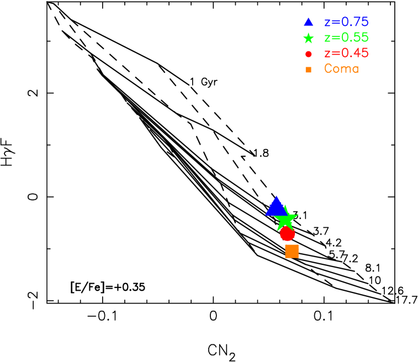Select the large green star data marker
click(285, 220)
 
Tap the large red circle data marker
click(287, 234)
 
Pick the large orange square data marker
click(292, 251)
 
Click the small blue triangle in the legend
click(308, 23)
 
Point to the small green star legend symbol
click(308, 39)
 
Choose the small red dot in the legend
click(308, 54)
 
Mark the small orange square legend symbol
click(308, 70)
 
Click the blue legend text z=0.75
click(346, 23)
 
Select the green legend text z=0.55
click(346, 38)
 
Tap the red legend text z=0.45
click(346, 54)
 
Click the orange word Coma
click(341, 69)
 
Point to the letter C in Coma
click(328, 69)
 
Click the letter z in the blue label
click(327, 23)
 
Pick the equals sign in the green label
click(336, 38)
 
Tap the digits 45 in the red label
click(362, 54)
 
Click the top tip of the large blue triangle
click(276, 196)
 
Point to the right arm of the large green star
click(296, 215)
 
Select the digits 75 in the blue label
click(362, 23)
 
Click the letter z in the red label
click(327, 54)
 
